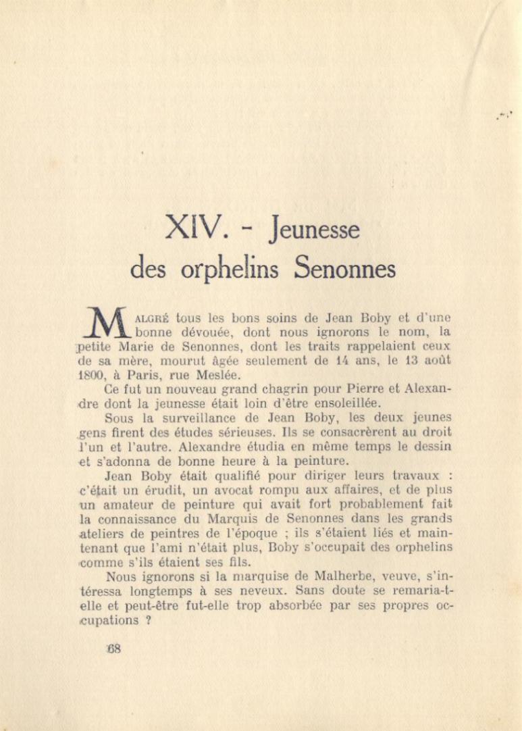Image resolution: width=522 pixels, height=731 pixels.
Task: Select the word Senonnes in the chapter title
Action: pyautogui.click(x=345, y=269)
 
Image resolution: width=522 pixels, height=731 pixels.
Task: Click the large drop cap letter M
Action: pyautogui.click(x=108, y=323)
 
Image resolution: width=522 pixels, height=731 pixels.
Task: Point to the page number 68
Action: pyautogui.click(x=113, y=649)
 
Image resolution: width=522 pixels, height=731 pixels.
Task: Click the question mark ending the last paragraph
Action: pyautogui.click(x=147, y=620)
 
